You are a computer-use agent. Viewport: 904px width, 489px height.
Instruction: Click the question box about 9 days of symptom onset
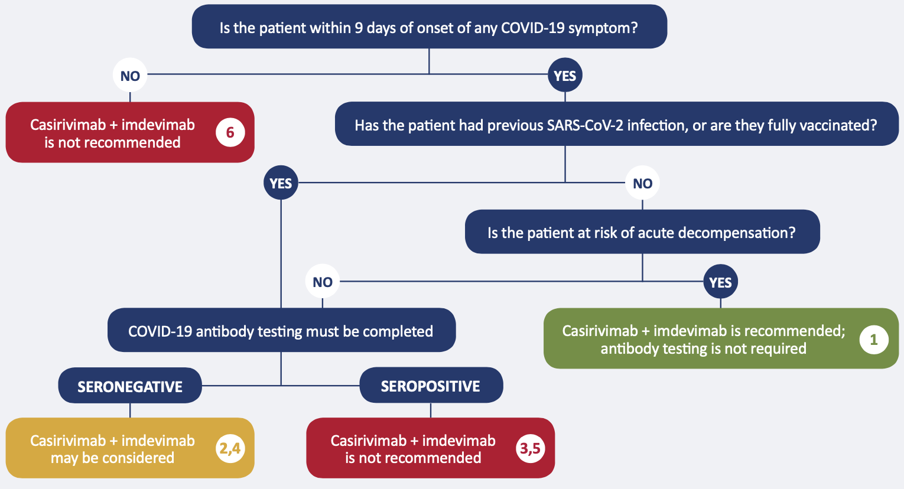pos(429,27)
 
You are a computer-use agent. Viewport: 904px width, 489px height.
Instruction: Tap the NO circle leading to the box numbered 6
pos(130,76)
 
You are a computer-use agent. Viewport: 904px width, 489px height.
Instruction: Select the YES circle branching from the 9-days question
pos(565,76)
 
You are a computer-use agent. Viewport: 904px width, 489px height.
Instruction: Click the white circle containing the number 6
pos(230,132)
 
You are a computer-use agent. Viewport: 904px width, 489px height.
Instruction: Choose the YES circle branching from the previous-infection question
pos(281,183)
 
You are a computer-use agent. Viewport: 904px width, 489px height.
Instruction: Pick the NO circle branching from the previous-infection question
pos(642,183)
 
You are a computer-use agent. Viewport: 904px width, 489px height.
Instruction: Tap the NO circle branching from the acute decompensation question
pos(323,282)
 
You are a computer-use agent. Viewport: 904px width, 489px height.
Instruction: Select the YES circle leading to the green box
pos(720,282)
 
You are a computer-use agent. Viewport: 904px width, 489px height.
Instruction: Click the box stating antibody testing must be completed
pos(281,331)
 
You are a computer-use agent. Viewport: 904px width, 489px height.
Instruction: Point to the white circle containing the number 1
pos(873,340)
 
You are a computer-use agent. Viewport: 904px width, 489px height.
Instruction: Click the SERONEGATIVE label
pos(130,386)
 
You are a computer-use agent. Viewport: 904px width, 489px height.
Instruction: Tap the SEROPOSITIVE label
pos(431,386)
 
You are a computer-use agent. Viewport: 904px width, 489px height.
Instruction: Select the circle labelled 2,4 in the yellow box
pos(230,449)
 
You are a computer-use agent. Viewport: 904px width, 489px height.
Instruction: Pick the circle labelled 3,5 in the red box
pos(530,449)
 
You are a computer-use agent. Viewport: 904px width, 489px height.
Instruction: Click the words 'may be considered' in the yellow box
pos(112,458)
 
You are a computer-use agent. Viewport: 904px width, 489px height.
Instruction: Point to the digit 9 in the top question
pos(359,28)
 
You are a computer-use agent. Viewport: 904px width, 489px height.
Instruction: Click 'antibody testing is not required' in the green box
pos(703,349)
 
